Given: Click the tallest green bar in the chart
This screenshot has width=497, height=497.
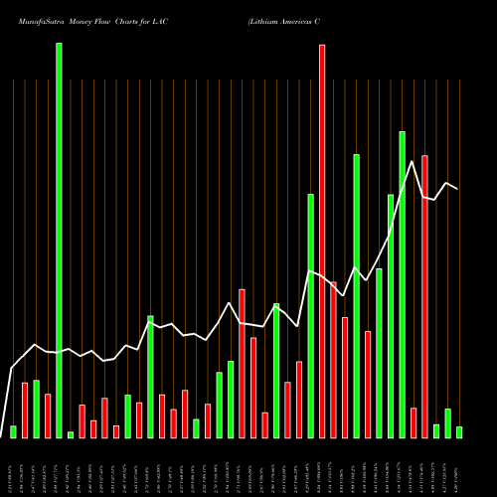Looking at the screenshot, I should (x=59, y=240).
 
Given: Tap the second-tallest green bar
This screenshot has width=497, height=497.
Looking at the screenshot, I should (x=402, y=284).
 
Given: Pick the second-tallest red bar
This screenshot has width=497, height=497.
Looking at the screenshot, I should (x=424, y=296).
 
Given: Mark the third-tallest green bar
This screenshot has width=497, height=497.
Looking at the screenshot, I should (x=356, y=295).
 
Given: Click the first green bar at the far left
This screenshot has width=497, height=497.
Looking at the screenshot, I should (x=13, y=431).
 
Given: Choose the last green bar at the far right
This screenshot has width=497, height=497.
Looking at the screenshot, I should (x=459, y=431).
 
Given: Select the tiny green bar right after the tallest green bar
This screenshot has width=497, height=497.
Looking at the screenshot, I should (x=71, y=434).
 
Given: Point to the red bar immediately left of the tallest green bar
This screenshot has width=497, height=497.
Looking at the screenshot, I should (x=48, y=415).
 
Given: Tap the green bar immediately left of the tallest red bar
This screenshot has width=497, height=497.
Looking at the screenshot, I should (x=310, y=315).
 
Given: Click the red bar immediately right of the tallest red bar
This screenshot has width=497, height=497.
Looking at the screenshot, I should (x=333, y=359).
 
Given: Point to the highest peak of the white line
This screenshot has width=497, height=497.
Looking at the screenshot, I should (x=413, y=161).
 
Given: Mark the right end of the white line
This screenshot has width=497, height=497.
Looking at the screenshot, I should (x=457, y=189).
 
